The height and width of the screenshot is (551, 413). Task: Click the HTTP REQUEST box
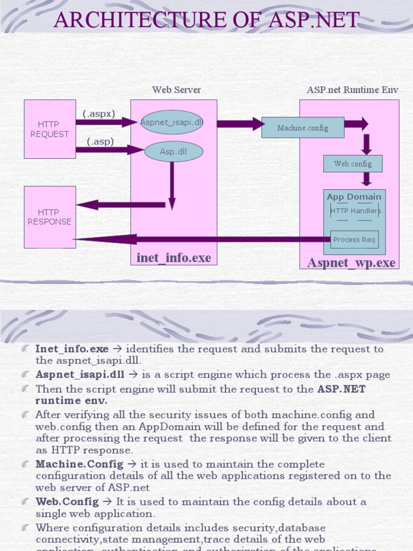tap(49, 129)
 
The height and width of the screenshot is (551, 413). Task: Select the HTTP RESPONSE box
tap(49, 217)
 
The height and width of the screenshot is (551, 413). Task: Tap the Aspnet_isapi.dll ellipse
tap(172, 122)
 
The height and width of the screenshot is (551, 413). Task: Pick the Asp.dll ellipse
tap(173, 152)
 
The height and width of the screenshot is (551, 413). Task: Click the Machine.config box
tap(302, 128)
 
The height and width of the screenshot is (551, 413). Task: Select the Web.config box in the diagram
tap(352, 164)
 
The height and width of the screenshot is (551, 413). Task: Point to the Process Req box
tap(354, 239)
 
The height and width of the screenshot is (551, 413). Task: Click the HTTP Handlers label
tap(355, 211)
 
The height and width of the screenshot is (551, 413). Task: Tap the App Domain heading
tap(354, 197)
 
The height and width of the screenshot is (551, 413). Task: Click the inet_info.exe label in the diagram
tap(174, 258)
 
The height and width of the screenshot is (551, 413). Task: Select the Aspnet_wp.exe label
tap(351, 263)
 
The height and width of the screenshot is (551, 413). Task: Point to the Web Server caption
tap(176, 90)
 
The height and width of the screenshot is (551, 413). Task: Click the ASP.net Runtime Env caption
tap(352, 90)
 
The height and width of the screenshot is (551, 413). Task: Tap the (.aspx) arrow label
tap(99, 114)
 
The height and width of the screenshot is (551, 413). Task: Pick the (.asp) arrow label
tap(100, 142)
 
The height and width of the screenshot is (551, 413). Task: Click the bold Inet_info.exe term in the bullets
tap(72, 349)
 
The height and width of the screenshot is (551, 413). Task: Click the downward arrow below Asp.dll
tap(172, 186)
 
